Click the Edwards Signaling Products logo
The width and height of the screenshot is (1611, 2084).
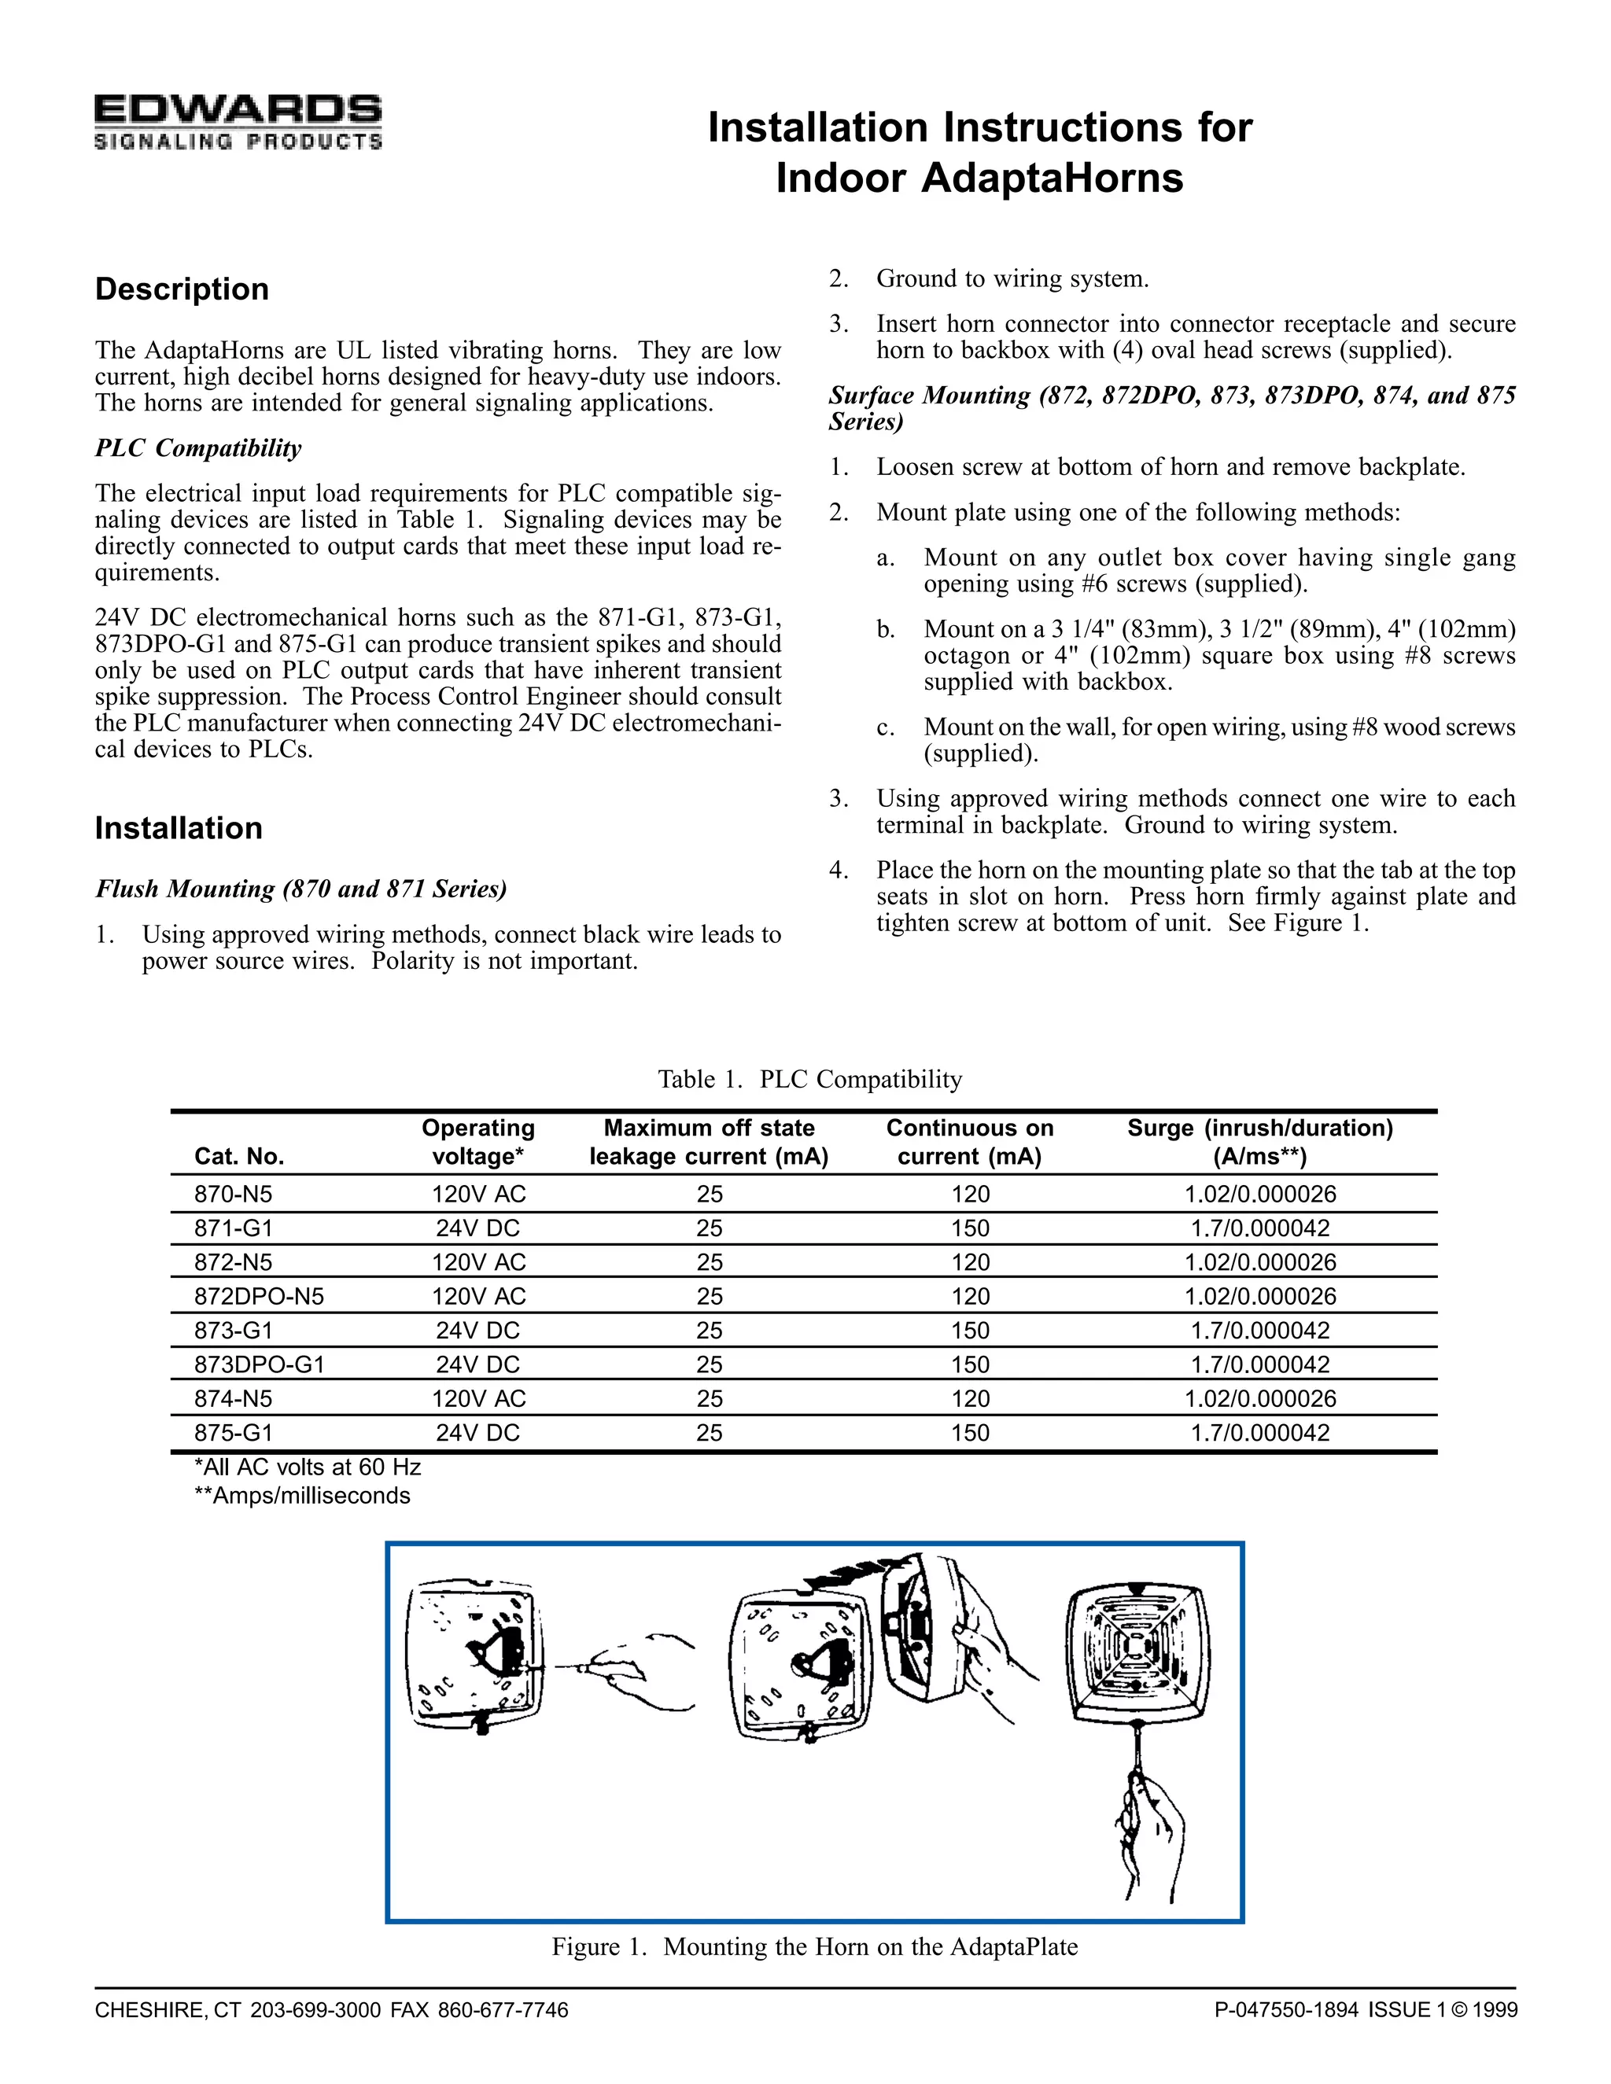[238, 122]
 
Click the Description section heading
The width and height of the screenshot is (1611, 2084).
[182, 289]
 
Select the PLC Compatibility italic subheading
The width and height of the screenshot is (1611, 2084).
[197, 448]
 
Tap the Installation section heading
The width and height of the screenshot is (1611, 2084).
[179, 828]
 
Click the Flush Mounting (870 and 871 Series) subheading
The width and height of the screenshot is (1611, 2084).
[300, 889]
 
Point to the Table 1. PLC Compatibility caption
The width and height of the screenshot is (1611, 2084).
[809, 1079]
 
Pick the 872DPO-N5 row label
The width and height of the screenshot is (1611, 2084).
[259, 1297]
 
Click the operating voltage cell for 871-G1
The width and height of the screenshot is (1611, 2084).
[477, 1229]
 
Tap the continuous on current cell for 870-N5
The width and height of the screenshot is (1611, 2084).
[970, 1195]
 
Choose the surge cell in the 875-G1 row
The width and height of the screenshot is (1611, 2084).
[1260, 1433]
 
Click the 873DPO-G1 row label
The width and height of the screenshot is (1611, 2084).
[260, 1365]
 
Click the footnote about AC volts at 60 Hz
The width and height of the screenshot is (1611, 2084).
[308, 1467]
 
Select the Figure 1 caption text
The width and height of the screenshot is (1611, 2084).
[814, 1946]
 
